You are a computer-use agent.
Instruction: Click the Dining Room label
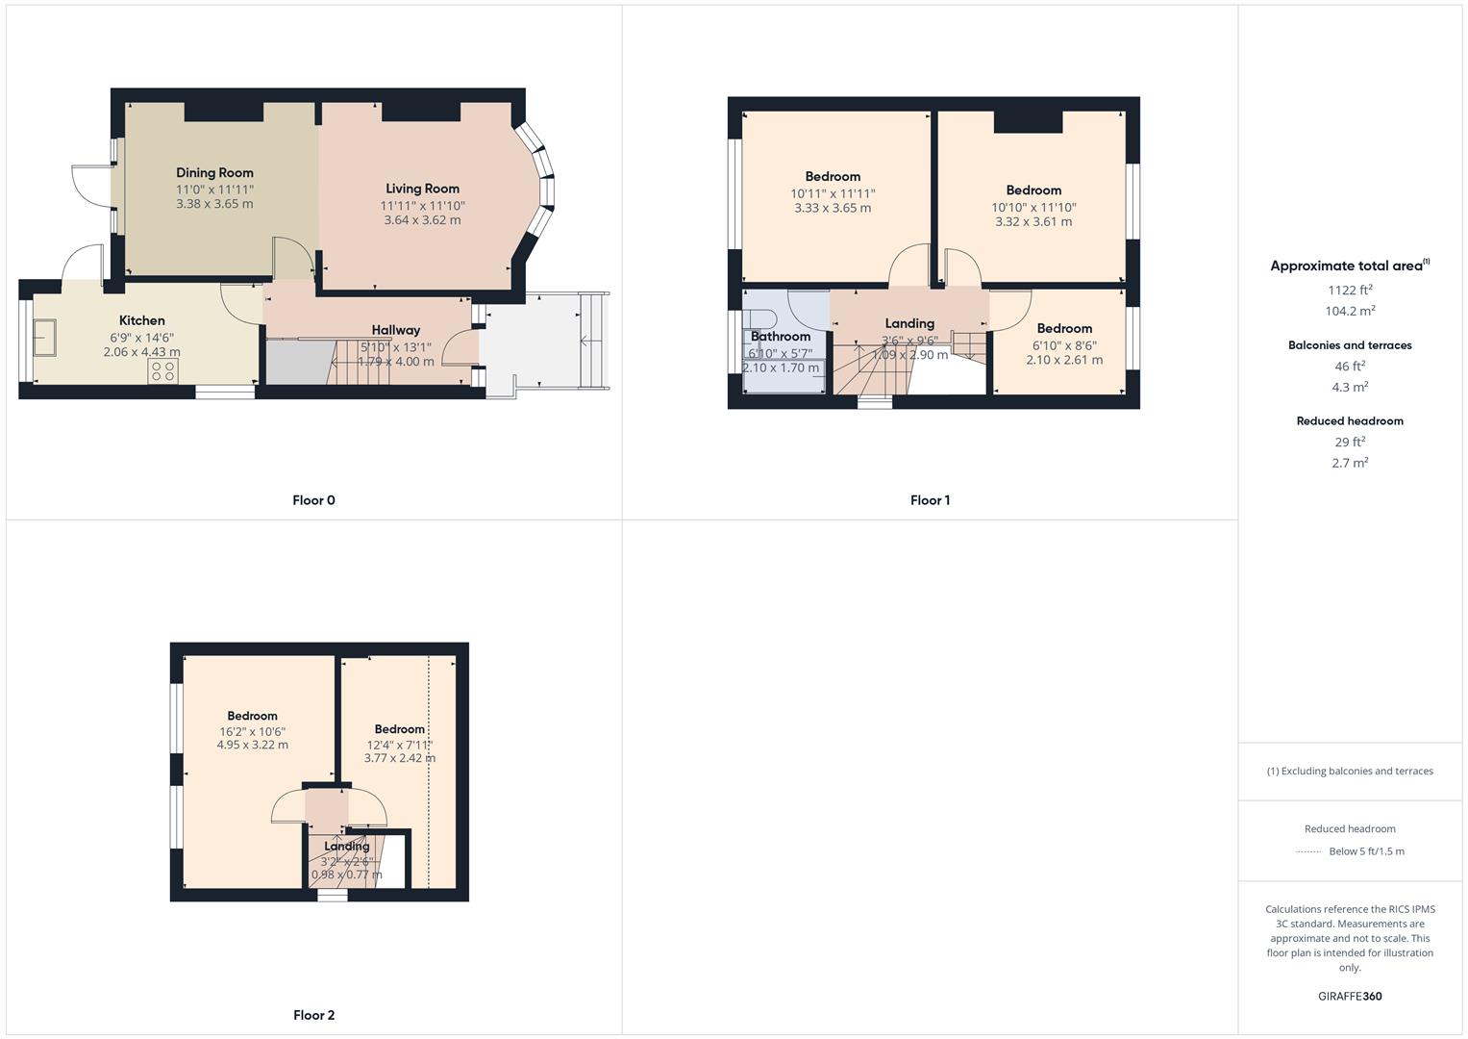coord(214,173)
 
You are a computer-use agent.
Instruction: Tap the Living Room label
coord(422,189)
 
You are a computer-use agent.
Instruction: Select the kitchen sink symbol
coord(44,339)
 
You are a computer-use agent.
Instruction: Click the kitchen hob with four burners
coord(163,371)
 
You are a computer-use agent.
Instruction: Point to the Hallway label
coord(395,330)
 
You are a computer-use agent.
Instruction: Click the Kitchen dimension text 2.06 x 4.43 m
coord(141,352)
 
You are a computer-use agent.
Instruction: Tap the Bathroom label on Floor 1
coord(780,337)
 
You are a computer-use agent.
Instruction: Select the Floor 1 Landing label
coord(908,323)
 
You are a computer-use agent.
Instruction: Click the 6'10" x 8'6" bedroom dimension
coord(1063,345)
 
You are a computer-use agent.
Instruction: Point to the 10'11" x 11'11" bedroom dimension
coord(833,193)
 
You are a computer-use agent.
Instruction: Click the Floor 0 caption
coord(313,500)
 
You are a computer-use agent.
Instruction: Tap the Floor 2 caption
coord(313,1015)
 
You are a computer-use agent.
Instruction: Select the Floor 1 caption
coord(930,500)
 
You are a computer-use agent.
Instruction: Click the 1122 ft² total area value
coord(1349,290)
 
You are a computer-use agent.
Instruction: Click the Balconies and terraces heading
coord(1349,345)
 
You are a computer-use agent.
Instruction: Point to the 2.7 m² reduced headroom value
coord(1349,463)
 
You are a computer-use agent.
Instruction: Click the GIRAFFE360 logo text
coord(1349,996)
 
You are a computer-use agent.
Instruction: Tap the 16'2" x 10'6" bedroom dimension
coord(252,731)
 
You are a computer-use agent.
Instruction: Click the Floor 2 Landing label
coord(346,847)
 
